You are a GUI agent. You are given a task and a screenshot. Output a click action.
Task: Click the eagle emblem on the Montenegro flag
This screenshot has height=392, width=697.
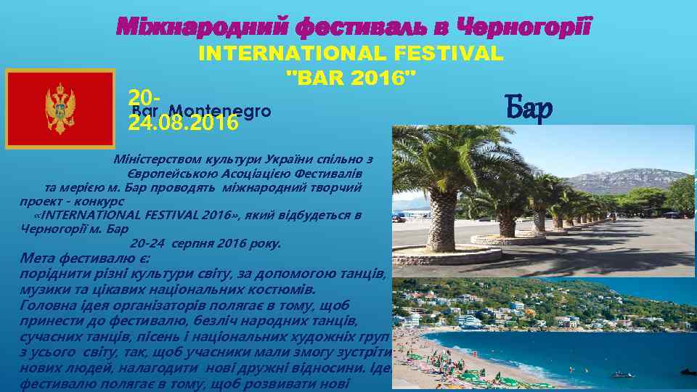[x=60, y=109]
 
